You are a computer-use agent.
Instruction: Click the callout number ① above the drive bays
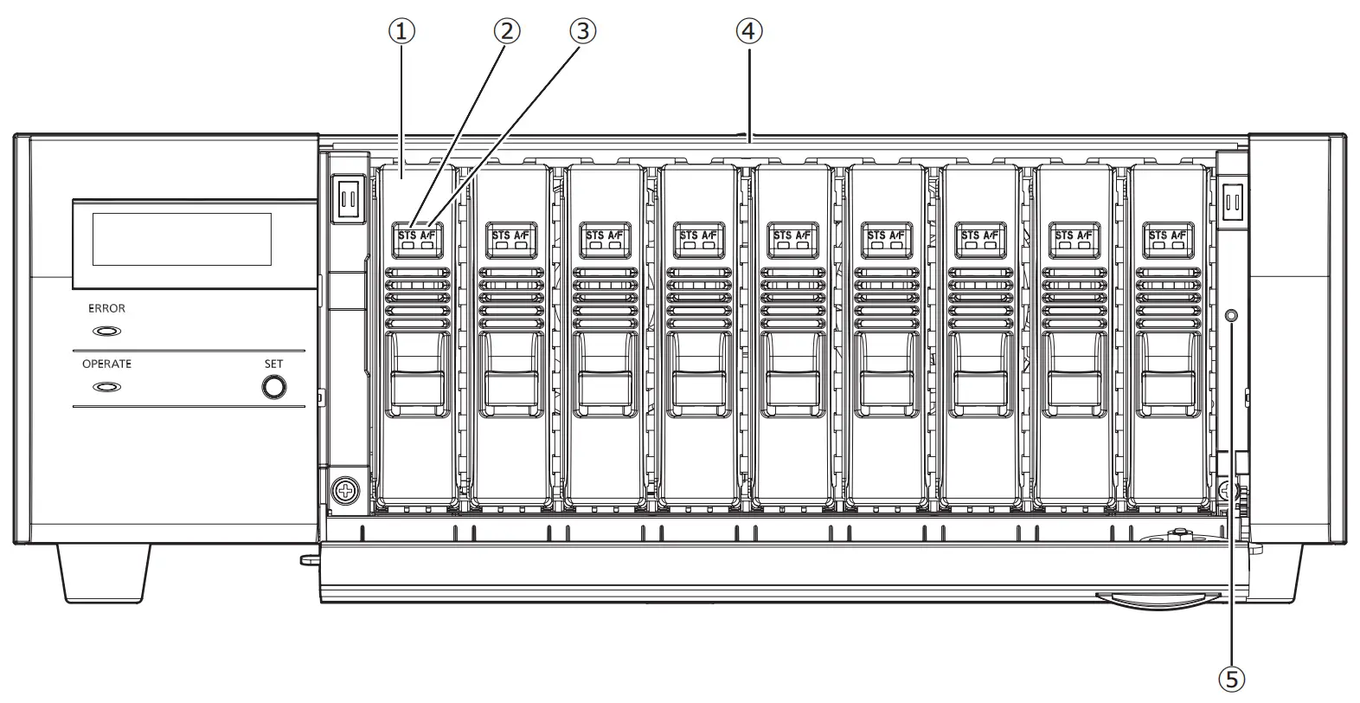click(401, 32)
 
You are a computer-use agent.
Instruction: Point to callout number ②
click(507, 32)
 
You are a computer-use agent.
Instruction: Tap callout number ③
click(583, 32)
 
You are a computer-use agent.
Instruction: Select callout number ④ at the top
click(749, 32)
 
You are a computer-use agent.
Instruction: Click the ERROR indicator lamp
click(106, 331)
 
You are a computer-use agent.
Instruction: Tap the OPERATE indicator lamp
click(106, 387)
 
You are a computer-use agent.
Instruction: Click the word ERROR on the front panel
click(106, 308)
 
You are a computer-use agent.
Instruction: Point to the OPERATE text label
click(106, 364)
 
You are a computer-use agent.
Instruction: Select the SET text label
click(273, 364)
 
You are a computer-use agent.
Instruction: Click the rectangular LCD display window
click(182, 239)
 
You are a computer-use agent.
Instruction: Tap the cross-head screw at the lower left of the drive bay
click(347, 491)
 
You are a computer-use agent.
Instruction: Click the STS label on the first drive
click(407, 235)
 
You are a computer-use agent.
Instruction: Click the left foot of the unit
click(105, 573)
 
